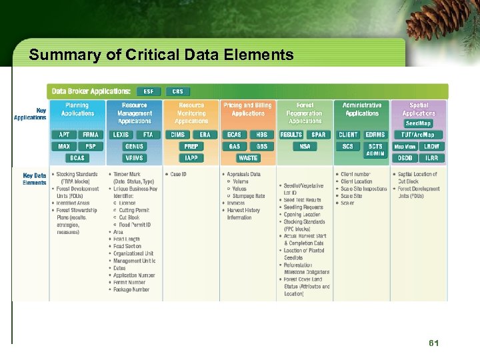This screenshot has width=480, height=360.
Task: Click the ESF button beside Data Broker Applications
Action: [x=148, y=91]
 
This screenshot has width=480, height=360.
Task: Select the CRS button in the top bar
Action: [x=177, y=91]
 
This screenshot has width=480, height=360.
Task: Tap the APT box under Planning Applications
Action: [x=65, y=135]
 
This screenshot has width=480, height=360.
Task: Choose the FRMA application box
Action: [x=91, y=135]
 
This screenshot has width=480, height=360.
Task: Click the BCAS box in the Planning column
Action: [x=77, y=158]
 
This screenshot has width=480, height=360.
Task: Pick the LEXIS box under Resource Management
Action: [x=121, y=135]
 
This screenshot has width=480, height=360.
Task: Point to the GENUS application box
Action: [x=134, y=146]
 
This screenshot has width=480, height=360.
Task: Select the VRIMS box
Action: [x=134, y=158]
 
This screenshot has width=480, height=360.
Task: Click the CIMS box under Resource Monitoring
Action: [x=178, y=135]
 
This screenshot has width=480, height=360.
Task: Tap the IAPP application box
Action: [x=191, y=158]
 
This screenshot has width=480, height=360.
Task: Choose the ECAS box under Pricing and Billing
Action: [x=235, y=135]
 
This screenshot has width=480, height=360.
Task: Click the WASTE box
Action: [x=248, y=158]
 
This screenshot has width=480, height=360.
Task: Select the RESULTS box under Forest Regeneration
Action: [x=291, y=135]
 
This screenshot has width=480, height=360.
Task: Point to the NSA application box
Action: [x=305, y=146]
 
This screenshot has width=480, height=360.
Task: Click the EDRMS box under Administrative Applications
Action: [x=375, y=135]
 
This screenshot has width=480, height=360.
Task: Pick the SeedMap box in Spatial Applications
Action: [x=418, y=123]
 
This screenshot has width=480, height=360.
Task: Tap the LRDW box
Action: [x=432, y=146]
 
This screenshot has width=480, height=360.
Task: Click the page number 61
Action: [x=434, y=343]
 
